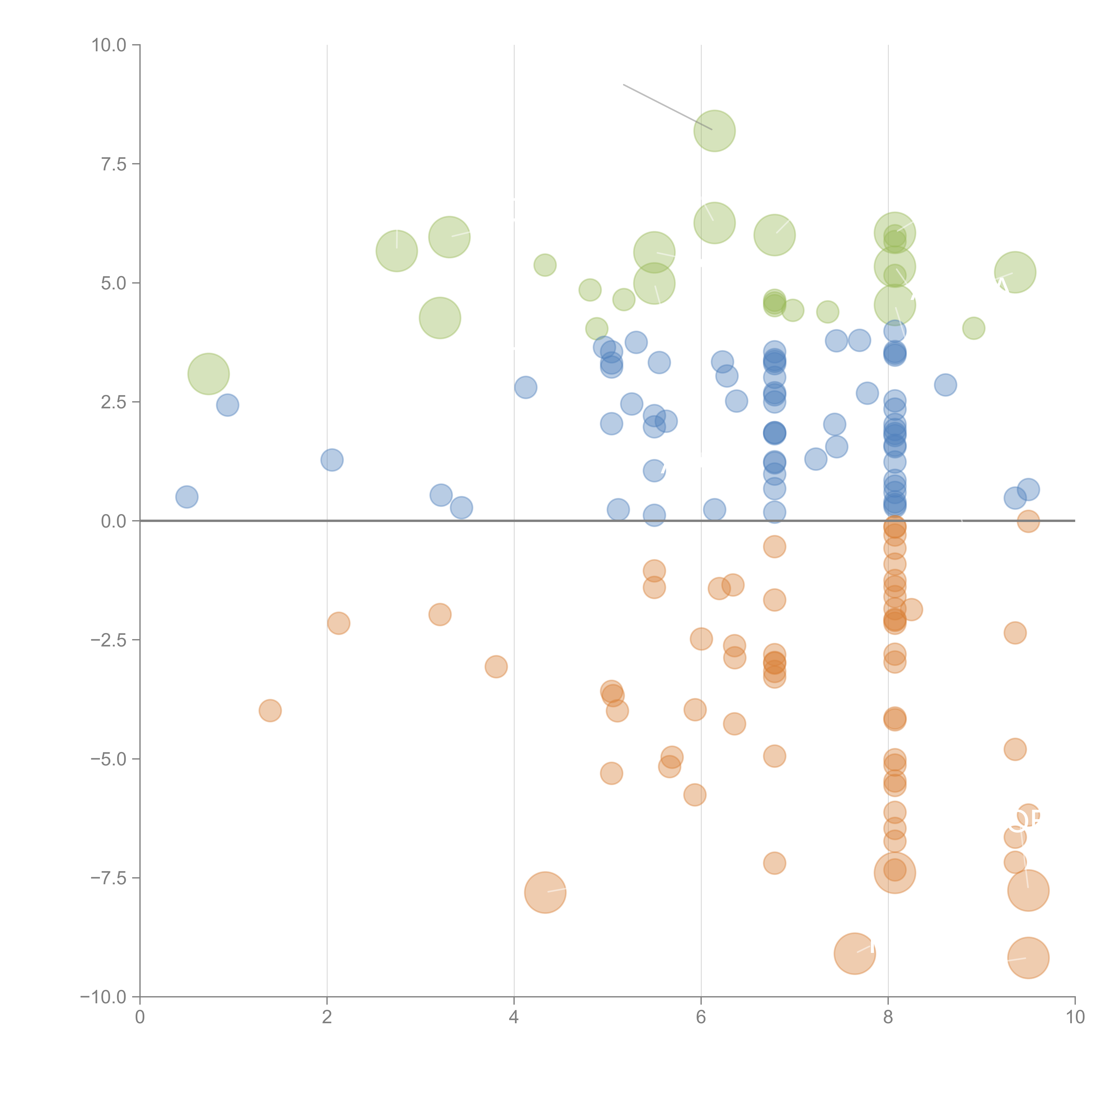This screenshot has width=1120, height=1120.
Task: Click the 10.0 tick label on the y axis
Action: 109,45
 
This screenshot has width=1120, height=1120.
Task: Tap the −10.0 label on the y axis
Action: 103,997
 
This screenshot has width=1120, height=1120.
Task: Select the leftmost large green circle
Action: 209,374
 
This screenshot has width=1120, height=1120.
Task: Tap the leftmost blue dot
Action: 187,497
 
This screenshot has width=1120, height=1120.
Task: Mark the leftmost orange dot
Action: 270,711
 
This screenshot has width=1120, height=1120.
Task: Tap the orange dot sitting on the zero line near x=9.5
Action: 1028,522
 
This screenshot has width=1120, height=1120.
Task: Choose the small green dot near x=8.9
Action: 973,328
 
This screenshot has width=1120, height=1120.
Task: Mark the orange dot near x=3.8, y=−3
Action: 496,667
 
